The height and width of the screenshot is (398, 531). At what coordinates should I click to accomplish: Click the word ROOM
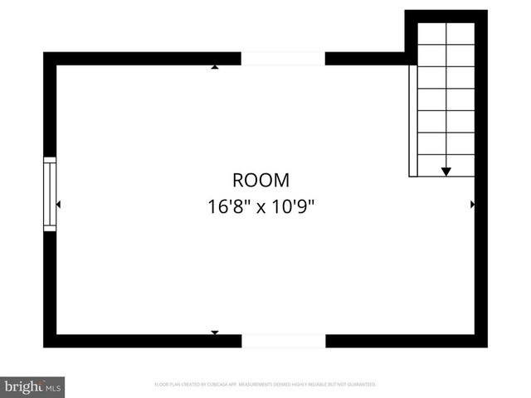[x=261, y=180]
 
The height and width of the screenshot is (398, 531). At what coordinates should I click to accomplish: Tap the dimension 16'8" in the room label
[x=229, y=206]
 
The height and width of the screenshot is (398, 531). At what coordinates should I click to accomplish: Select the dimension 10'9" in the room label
[x=292, y=206]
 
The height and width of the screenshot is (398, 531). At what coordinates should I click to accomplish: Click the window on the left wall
[x=50, y=194]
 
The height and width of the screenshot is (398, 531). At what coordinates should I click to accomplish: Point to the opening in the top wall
[x=283, y=58]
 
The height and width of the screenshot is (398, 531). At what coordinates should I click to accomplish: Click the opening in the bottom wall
[x=284, y=341]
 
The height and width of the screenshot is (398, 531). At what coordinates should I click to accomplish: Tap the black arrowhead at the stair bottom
[x=446, y=171]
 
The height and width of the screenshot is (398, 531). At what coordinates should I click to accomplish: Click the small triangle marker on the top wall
[x=215, y=66]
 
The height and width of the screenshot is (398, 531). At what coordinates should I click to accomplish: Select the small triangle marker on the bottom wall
[x=215, y=332]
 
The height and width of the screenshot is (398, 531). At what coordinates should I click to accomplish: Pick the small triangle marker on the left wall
[x=58, y=204]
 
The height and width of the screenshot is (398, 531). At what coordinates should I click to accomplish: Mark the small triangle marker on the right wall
[x=473, y=204]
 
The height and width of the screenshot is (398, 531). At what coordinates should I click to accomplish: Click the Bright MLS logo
[x=32, y=387]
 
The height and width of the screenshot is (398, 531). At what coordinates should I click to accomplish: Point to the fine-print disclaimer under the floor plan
[x=265, y=385]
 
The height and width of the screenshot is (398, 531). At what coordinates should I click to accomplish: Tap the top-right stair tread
[x=460, y=33]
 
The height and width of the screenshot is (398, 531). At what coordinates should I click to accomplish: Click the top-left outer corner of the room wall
[x=44, y=53]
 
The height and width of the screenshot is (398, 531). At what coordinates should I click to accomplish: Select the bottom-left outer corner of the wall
[x=44, y=347]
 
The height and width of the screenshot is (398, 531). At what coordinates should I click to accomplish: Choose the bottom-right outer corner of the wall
[x=486, y=347]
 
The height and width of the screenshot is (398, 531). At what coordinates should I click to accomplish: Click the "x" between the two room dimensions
[x=260, y=207]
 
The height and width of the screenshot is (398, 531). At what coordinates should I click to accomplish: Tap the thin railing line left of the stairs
[x=410, y=120]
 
